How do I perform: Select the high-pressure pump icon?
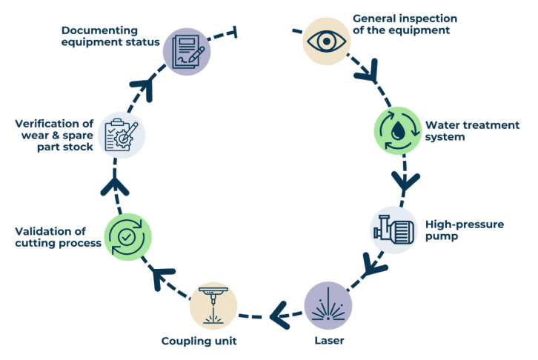(394, 230)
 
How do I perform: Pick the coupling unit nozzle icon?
(214, 305)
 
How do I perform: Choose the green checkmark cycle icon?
(128, 236)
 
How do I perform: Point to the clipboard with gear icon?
(122, 136)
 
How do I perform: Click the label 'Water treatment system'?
(472, 130)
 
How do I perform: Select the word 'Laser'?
(328, 341)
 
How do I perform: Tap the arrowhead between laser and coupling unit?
(278, 316)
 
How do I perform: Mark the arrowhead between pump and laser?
(371, 264)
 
